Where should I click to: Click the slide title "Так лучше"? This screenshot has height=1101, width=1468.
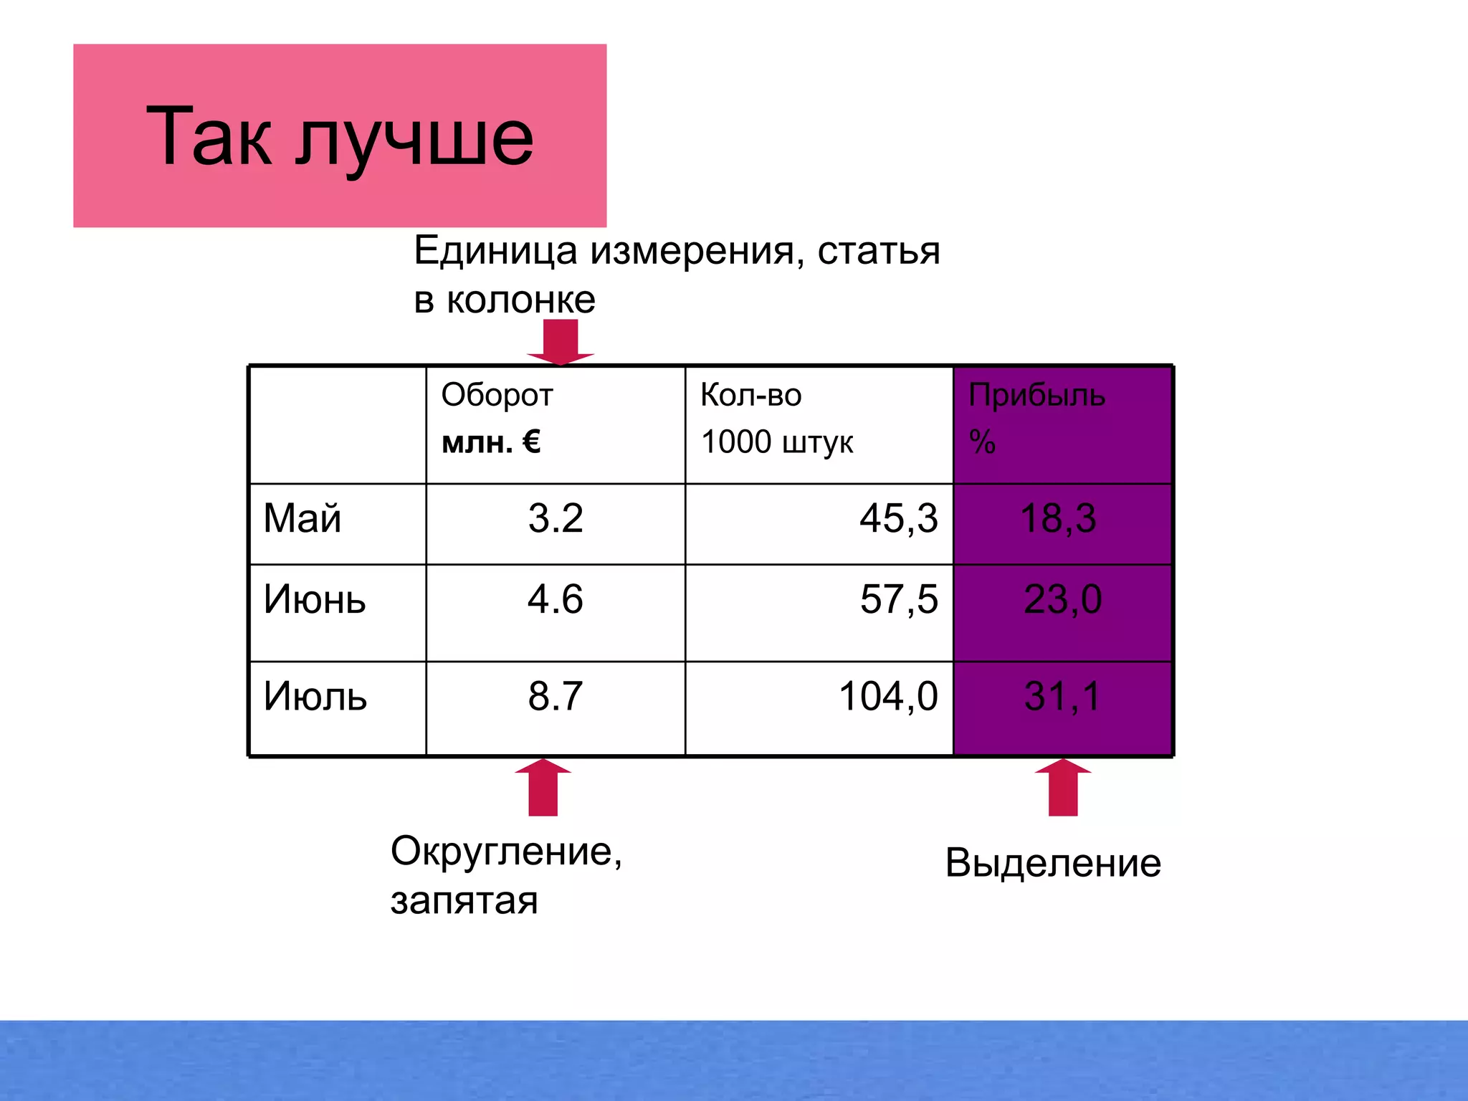point(340,136)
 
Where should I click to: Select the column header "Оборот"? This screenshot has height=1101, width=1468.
point(497,396)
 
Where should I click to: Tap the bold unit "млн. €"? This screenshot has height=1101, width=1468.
point(491,442)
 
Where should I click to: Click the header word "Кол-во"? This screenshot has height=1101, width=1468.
point(750,396)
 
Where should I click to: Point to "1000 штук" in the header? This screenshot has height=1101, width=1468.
point(777,442)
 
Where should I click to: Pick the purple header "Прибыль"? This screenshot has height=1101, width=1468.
point(1036,396)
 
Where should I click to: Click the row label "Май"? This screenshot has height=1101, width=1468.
point(302,518)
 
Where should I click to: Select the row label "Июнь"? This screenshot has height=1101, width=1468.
point(314,599)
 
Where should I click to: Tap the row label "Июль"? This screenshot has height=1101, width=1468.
point(315,696)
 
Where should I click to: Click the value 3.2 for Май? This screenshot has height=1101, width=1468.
point(556,518)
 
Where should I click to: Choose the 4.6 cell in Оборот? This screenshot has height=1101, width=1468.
point(556,599)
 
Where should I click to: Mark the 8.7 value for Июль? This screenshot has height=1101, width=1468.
point(556,696)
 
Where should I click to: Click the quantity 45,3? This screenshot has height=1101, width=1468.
point(898,518)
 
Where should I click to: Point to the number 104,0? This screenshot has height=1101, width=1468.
point(888,696)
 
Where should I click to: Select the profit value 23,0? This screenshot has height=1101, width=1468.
point(1062,599)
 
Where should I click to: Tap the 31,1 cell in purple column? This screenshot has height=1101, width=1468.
point(1062,696)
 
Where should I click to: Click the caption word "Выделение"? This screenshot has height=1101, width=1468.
point(1053,863)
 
